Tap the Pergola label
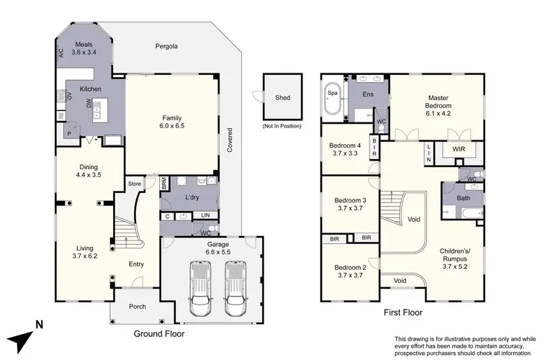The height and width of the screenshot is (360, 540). click(166, 47)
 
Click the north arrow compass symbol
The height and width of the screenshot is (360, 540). click(24, 335)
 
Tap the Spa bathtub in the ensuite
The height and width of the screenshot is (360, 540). click(333, 101)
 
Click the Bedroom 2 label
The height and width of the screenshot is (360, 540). click(350, 271)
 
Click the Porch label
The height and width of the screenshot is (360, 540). click(137, 307)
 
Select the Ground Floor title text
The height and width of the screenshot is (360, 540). click(159, 334)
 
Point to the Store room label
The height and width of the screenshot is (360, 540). click(134, 184)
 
